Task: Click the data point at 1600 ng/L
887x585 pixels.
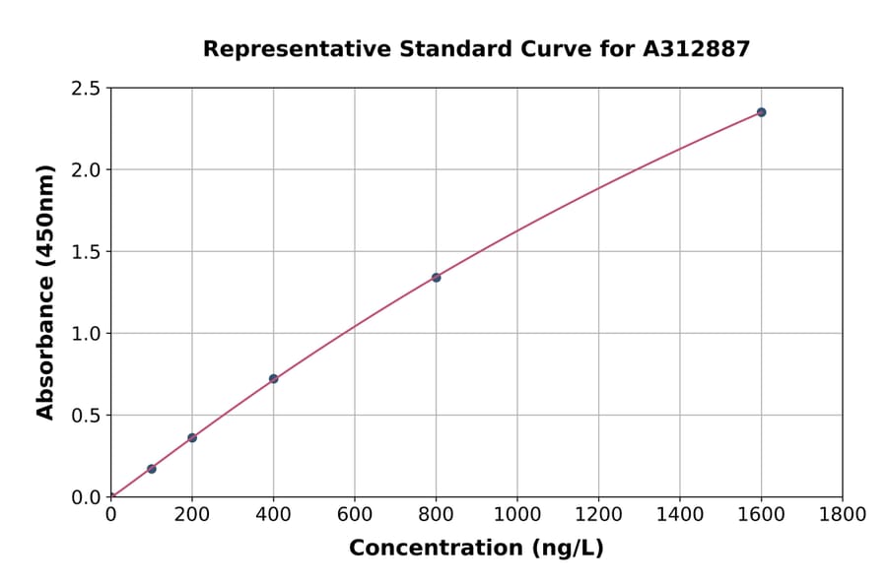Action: coord(761,112)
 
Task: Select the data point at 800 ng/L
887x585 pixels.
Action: coord(436,278)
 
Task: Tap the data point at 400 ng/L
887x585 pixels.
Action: coord(273,379)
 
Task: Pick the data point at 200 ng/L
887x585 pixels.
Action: coord(192,437)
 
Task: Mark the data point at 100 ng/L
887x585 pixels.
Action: coord(151,469)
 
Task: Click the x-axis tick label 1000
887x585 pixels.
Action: coord(516,514)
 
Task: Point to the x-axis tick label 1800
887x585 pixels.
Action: coord(842,514)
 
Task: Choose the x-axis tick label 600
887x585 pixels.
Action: coord(354,514)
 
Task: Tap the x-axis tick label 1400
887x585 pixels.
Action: coord(679,514)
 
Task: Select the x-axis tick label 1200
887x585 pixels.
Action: coord(598,514)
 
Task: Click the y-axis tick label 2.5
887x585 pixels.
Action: coord(86,89)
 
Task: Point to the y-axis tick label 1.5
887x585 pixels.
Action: coord(86,252)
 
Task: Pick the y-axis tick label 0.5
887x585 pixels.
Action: coord(86,416)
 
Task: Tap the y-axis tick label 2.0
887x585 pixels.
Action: coord(86,170)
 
